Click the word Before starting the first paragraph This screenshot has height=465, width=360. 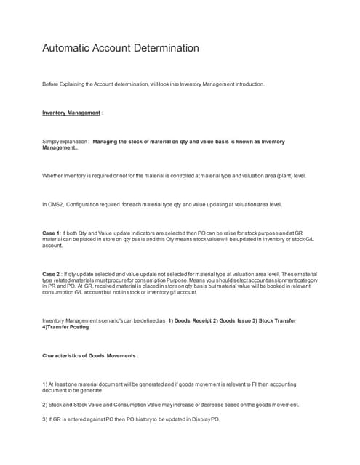click(51, 84)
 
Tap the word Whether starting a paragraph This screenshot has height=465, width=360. click(53, 176)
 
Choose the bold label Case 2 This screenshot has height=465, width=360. click(52, 274)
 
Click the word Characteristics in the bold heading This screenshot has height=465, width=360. click(65, 355)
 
